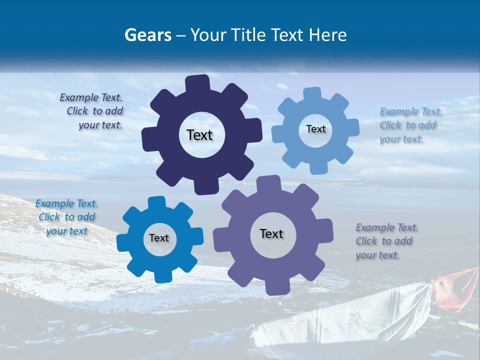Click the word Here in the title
327,35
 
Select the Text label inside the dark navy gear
199,135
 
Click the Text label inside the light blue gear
315,129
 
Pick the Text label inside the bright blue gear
159,238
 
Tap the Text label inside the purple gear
271,233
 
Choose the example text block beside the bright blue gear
66,217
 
